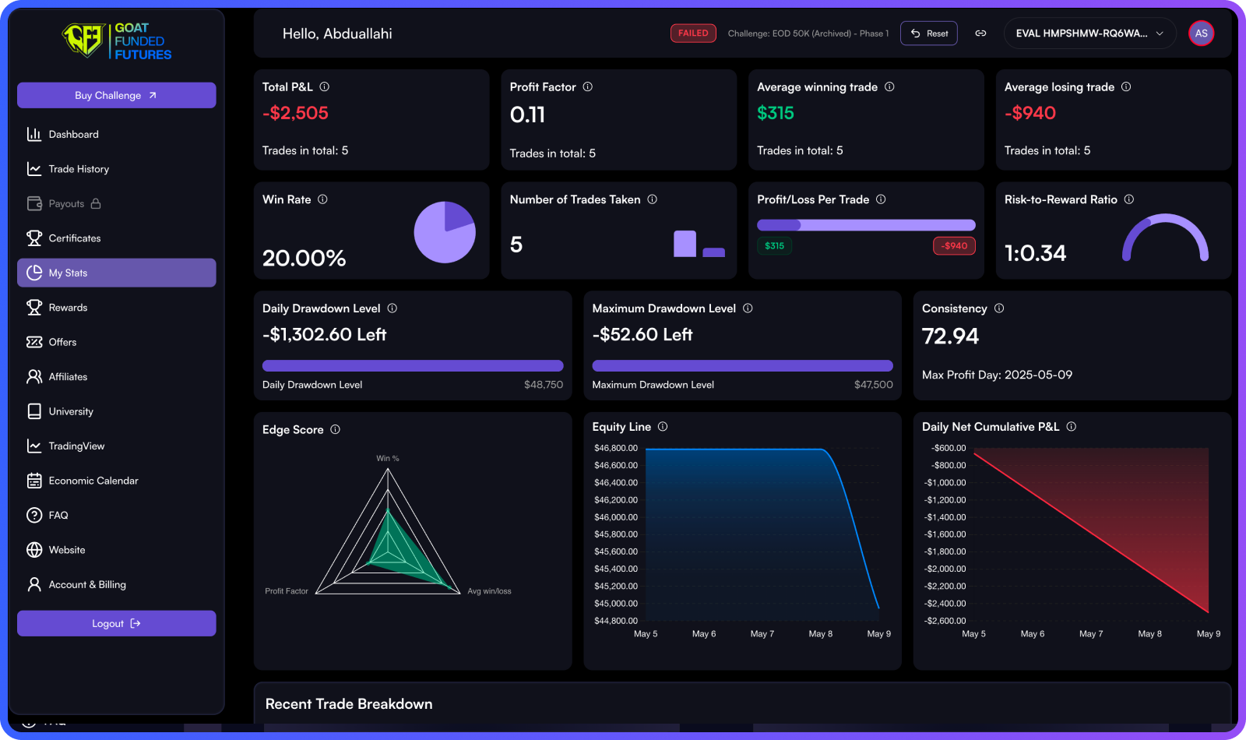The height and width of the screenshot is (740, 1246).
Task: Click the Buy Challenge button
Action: (x=116, y=95)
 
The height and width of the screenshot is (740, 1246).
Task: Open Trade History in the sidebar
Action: (x=78, y=169)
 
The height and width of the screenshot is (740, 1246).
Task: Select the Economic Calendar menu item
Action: (x=93, y=481)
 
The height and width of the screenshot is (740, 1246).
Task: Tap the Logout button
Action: (x=116, y=623)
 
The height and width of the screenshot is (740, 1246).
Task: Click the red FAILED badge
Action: (x=692, y=33)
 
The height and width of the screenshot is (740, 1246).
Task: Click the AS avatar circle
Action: (x=1201, y=33)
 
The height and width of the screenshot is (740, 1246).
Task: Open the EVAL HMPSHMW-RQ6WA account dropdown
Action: (x=1089, y=33)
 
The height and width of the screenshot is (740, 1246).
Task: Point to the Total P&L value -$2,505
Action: (x=295, y=113)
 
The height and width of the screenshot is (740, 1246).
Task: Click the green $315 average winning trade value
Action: (x=775, y=113)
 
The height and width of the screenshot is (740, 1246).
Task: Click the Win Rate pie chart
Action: (x=444, y=232)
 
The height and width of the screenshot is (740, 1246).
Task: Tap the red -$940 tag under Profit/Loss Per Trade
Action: (x=953, y=246)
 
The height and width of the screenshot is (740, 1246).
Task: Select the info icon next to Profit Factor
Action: (x=588, y=86)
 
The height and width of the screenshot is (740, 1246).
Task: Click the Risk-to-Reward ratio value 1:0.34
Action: (x=1035, y=253)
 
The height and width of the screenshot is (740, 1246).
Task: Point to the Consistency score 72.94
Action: (x=950, y=336)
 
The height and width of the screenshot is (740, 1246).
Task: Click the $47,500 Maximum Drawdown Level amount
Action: (x=873, y=385)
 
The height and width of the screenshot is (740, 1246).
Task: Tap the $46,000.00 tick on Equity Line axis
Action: (x=615, y=517)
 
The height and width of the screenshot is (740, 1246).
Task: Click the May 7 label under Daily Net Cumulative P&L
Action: (x=1090, y=634)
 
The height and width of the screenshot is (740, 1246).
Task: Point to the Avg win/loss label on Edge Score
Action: (x=489, y=591)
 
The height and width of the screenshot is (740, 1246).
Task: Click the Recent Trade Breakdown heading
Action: (x=349, y=704)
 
